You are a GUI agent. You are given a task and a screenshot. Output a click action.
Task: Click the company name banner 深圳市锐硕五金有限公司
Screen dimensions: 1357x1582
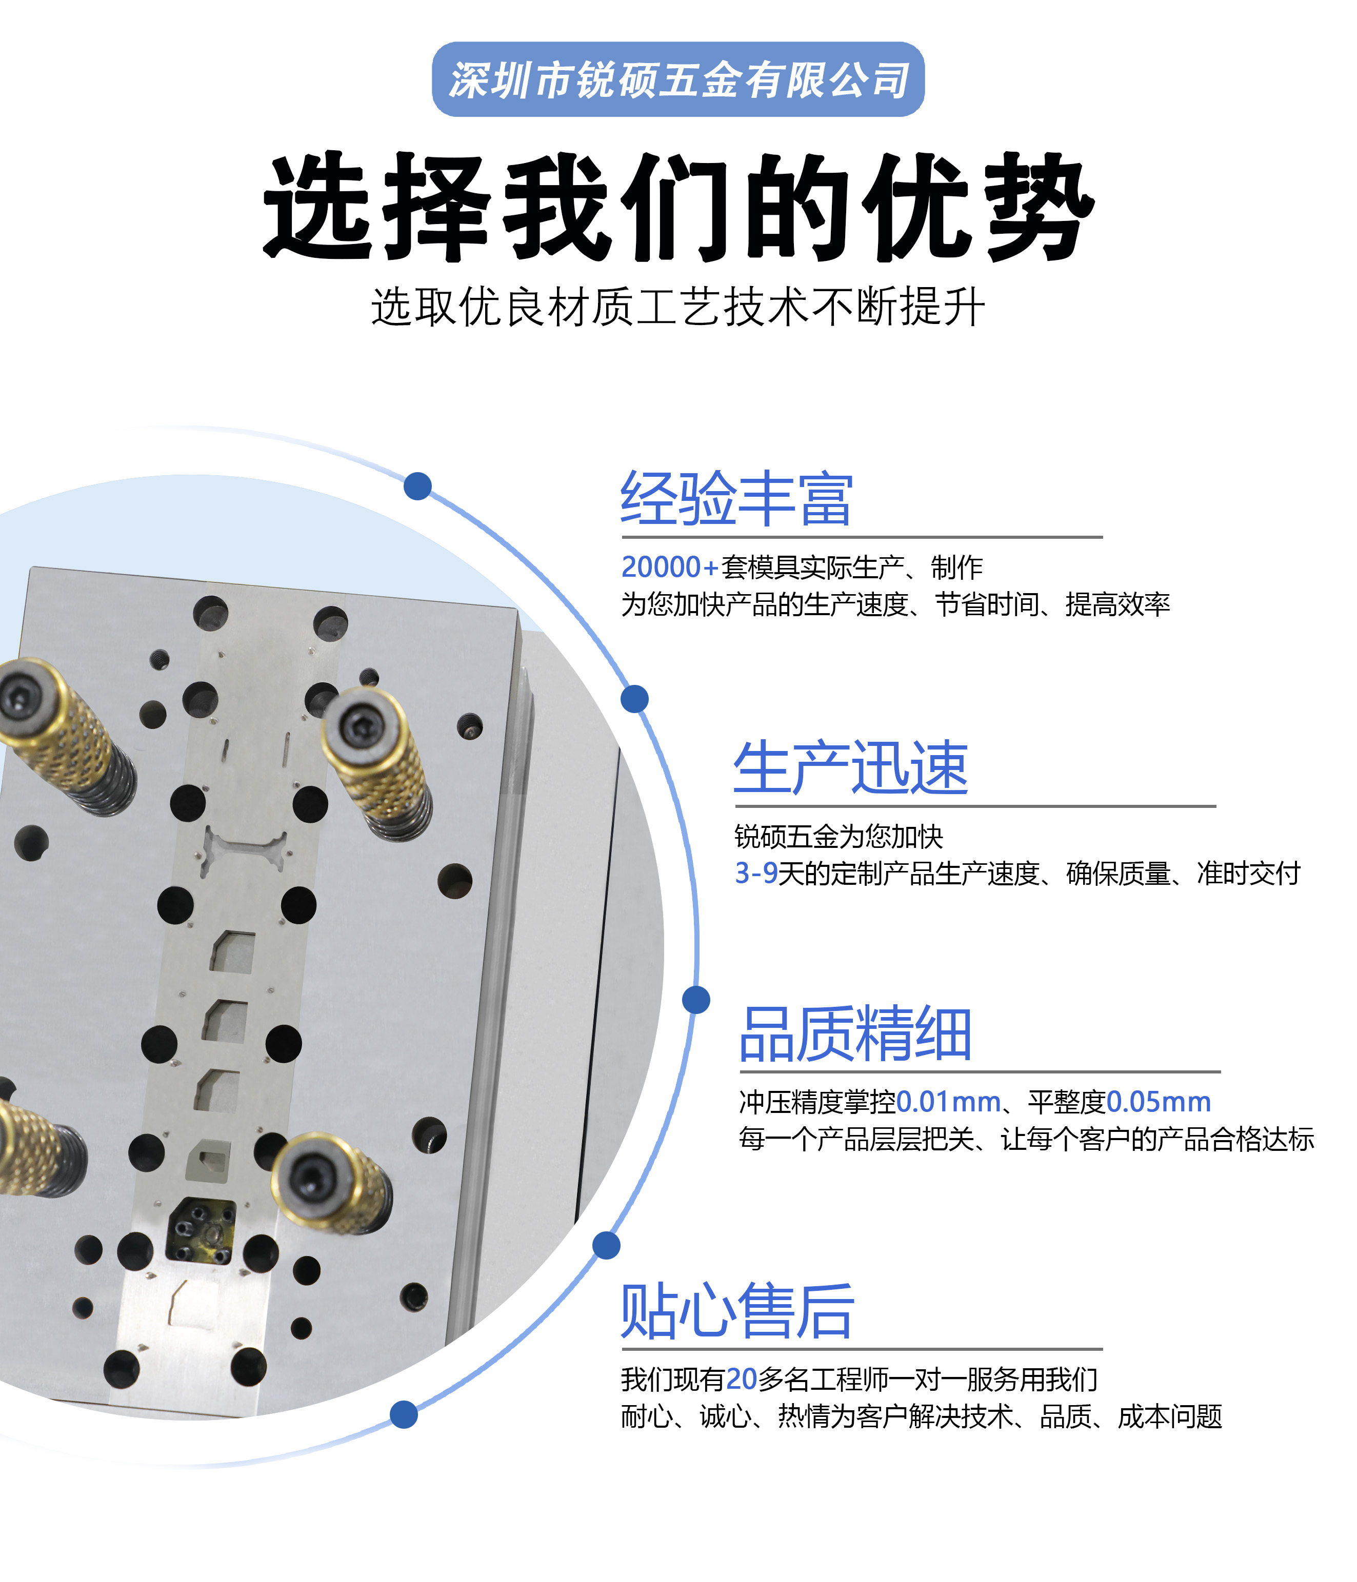tap(678, 79)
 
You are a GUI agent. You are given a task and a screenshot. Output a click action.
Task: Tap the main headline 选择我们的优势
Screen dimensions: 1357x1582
tap(678, 207)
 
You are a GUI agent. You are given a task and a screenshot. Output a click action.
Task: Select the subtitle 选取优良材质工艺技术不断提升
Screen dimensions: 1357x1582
tap(678, 307)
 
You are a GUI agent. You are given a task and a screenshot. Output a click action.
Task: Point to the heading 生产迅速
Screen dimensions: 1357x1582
tap(851, 767)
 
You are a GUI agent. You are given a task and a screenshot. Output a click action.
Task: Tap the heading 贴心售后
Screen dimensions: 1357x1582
tap(737, 1311)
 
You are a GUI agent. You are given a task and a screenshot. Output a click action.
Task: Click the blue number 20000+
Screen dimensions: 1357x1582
tap(670, 567)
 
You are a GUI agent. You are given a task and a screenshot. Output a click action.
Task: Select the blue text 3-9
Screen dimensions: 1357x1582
tap(755, 873)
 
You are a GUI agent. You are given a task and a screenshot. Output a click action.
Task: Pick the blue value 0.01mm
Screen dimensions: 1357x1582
tap(948, 1102)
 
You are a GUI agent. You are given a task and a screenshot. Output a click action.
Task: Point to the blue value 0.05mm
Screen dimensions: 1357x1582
tap(1159, 1102)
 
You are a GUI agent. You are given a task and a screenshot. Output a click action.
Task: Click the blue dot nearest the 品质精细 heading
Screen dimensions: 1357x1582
tap(696, 1000)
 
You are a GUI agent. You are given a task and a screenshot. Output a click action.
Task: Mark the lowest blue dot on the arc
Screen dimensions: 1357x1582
tap(403, 1414)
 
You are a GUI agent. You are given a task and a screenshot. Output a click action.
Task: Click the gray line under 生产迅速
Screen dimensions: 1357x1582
tap(975, 805)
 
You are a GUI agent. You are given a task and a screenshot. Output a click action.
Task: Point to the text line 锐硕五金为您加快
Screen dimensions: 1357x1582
tap(839, 837)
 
